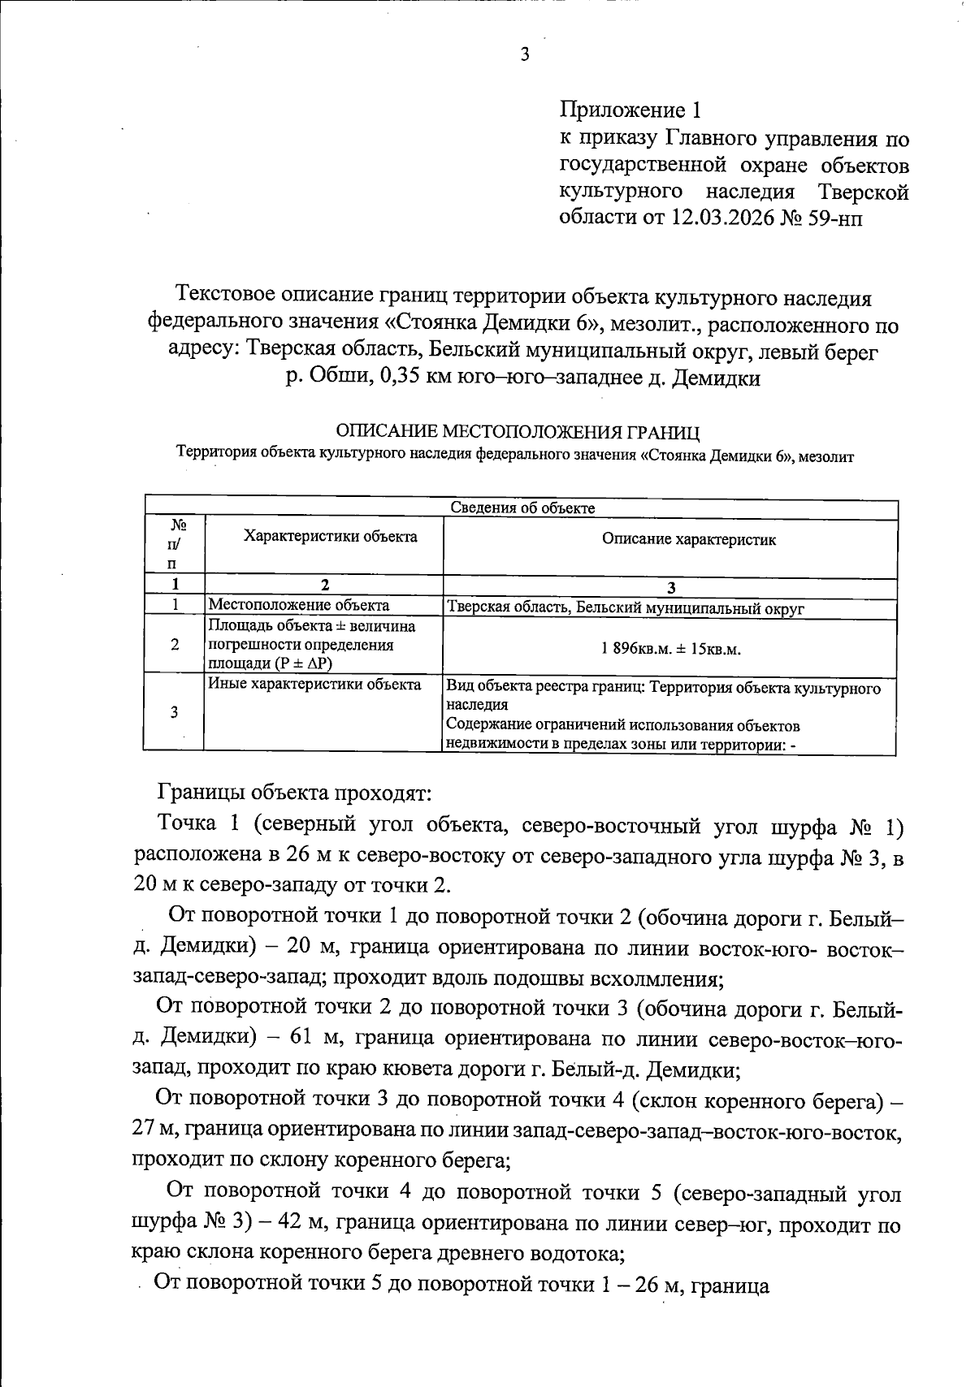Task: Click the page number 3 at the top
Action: pyautogui.click(x=524, y=55)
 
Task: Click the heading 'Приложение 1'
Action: pyautogui.click(x=630, y=110)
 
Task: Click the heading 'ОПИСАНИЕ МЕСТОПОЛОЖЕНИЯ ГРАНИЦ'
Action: pyautogui.click(x=518, y=430)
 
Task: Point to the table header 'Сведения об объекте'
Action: pyautogui.click(x=522, y=508)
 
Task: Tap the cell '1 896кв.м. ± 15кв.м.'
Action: pyautogui.click(x=671, y=650)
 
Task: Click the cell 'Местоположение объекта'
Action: pyautogui.click(x=299, y=605)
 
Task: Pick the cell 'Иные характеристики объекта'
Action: pyautogui.click(x=314, y=685)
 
